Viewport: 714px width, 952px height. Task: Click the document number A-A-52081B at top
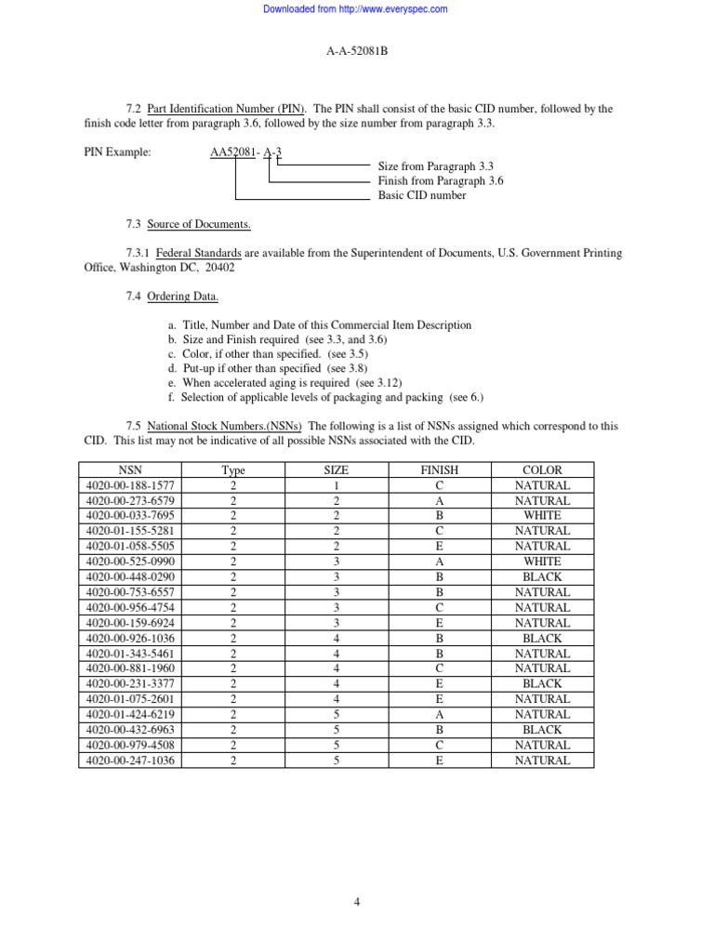pos(357,51)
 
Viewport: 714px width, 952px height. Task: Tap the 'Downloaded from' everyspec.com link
pos(356,9)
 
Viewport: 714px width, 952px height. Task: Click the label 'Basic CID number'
pos(422,195)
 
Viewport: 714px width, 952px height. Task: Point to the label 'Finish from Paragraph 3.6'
pos(440,181)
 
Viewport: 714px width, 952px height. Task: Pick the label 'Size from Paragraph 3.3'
pos(434,166)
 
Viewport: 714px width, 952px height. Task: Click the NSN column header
pos(131,470)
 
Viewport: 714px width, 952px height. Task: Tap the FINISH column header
pos(439,470)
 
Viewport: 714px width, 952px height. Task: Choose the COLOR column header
pos(542,470)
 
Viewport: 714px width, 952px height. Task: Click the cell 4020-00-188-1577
pos(131,485)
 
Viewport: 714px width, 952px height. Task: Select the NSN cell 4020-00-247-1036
pos(131,760)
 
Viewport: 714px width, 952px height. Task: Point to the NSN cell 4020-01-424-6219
pos(131,714)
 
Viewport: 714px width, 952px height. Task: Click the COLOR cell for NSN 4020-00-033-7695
pos(542,516)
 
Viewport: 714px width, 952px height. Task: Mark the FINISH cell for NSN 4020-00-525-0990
pos(439,562)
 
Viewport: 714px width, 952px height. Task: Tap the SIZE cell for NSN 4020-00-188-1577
pos(336,485)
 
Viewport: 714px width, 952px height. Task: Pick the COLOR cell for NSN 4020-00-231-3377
pos(542,683)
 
